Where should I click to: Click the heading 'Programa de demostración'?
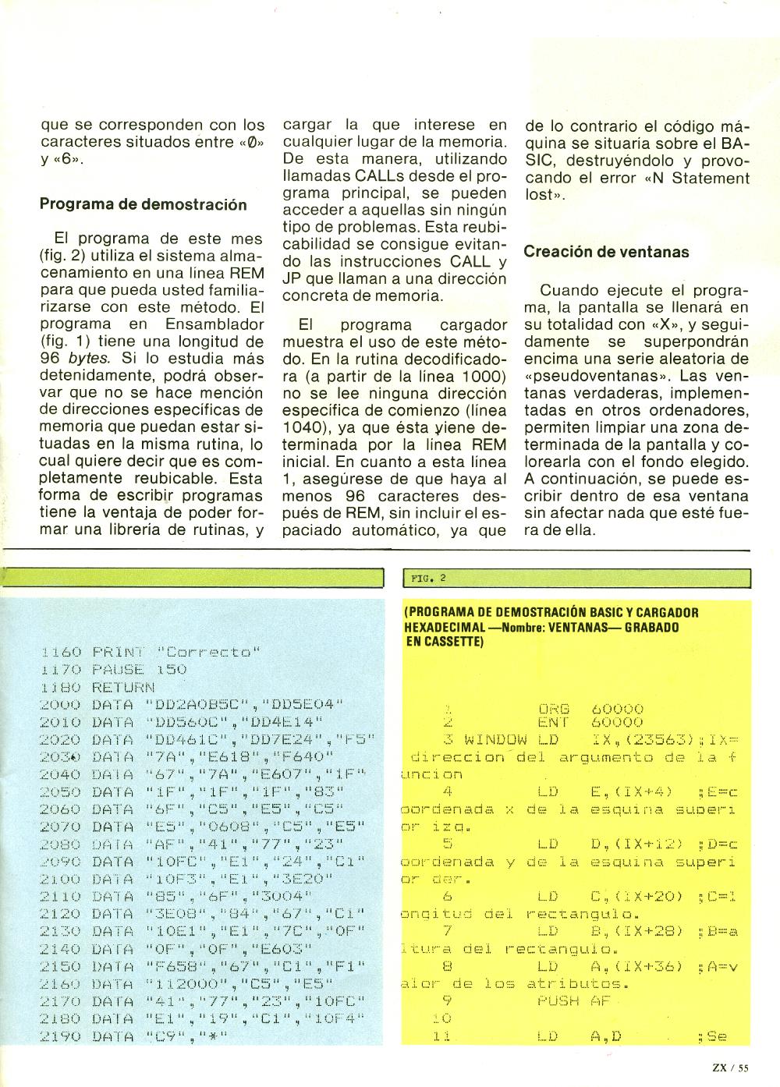coord(143,205)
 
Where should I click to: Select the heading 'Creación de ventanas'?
coord(607,252)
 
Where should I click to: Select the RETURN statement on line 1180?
coord(123,687)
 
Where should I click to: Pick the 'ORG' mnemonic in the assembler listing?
coord(554,709)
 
